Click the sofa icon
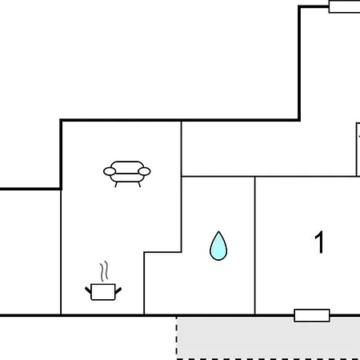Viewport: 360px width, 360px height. coord(127,174)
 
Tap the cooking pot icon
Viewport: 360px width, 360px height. coord(103,292)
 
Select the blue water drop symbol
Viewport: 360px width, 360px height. coord(218,246)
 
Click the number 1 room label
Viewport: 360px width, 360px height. coord(319,242)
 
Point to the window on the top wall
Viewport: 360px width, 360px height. coord(344,6)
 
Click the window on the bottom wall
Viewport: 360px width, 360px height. coord(312,315)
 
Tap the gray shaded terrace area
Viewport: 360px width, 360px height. coord(268,338)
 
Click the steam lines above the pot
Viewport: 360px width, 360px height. coord(104,271)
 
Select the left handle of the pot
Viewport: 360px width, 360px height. coord(88,290)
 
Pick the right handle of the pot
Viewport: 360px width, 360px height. coord(118,290)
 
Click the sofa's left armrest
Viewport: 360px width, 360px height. coord(110,171)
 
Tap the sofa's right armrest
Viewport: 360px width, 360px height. coord(144,171)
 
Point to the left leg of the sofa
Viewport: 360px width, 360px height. coord(116,185)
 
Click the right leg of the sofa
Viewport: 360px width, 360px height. coord(139,185)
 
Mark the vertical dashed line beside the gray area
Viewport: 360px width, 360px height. coord(177,338)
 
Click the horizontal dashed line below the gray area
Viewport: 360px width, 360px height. coord(268,359)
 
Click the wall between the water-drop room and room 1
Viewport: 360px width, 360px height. coord(255,246)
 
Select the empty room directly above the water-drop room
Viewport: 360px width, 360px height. coord(269,149)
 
